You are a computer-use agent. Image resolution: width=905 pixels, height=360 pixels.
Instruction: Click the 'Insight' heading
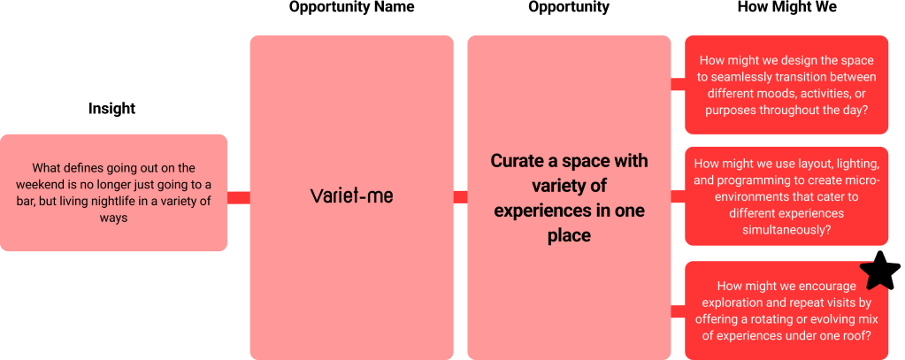112,109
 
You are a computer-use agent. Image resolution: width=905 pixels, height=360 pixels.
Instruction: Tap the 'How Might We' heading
786,7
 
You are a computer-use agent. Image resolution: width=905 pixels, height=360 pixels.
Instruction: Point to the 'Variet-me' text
351,196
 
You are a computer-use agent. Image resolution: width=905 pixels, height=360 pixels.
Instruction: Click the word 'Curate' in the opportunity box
515,161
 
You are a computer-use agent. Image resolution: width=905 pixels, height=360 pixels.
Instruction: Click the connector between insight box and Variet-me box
238,198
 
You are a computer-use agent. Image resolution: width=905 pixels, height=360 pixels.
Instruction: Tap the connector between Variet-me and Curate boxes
460,198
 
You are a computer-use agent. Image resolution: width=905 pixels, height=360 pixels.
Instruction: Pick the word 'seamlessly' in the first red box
735,77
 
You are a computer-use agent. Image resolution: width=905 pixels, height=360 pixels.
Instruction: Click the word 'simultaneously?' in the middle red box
786,229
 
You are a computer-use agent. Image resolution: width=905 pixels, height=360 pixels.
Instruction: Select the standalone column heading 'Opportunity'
569,7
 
